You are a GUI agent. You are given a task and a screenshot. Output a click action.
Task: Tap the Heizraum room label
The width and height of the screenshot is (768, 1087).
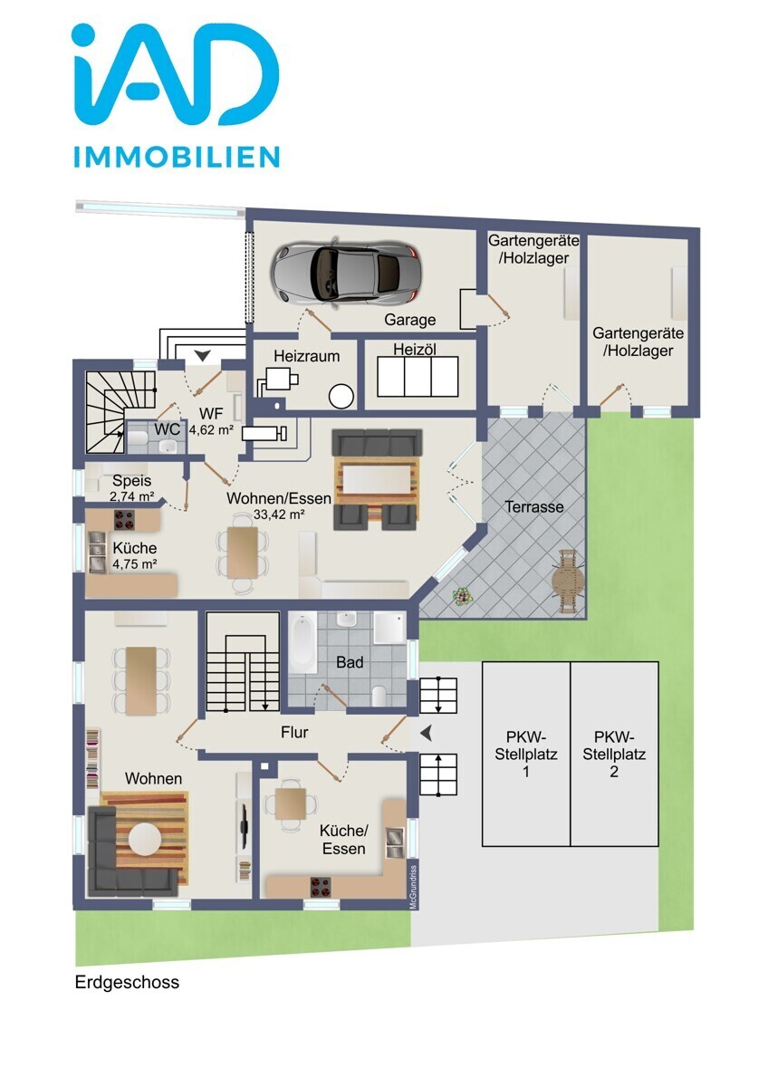pyautogui.click(x=306, y=356)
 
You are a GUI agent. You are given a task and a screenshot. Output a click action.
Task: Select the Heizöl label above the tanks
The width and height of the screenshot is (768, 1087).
pyautogui.click(x=414, y=349)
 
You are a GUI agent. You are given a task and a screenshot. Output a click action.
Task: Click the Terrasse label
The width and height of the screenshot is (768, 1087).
pyautogui.click(x=534, y=506)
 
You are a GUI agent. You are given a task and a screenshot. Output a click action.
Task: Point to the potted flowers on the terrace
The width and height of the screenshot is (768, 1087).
pyautogui.click(x=462, y=595)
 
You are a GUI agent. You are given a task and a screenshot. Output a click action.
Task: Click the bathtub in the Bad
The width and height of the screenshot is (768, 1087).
pyautogui.click(x=302, y=642)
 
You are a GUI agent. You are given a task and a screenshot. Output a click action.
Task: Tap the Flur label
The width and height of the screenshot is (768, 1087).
pyautogui.click(x=294, y=732)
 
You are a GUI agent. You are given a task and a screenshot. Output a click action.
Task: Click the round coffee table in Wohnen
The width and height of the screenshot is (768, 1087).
pyautogui.click(x=144, y=839)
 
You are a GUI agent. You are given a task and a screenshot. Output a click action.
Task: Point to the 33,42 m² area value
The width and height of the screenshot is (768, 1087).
pyautogui.click(x=279, y=515)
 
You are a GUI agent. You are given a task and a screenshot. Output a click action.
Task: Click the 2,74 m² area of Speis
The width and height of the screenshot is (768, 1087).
pyautogui.click(x=132, y=496)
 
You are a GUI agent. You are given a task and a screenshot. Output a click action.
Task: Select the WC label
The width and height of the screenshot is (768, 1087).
pyautogui.click(x=168, y=429)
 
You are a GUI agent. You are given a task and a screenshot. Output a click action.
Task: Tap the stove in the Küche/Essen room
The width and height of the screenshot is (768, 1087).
pyautogui.click(x=321, y=887)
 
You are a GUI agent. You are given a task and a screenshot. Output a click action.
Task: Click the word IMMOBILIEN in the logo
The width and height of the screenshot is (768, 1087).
pyautogui.click(x=177, y=156)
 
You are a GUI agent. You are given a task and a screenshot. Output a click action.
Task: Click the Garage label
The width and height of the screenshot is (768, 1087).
pyautogui.click(x=409, y=319)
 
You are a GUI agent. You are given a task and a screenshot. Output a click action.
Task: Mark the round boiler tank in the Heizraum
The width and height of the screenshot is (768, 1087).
pyautogui.click(x=341, y=396)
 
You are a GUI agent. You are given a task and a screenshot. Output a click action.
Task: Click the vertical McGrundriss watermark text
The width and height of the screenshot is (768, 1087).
pyautogui.click(x=413, y=888)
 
